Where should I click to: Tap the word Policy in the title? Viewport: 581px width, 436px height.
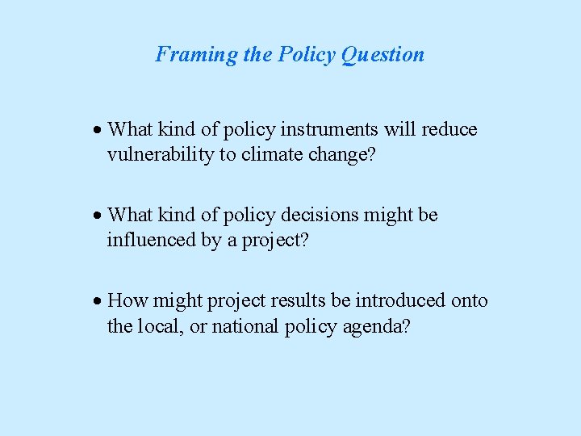(307, 55)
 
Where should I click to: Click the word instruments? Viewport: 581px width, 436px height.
(290, 130)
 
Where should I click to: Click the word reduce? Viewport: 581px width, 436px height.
(449, 130)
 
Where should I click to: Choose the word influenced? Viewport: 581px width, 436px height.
(148, 240)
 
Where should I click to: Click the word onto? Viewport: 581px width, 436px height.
(469, 300)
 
